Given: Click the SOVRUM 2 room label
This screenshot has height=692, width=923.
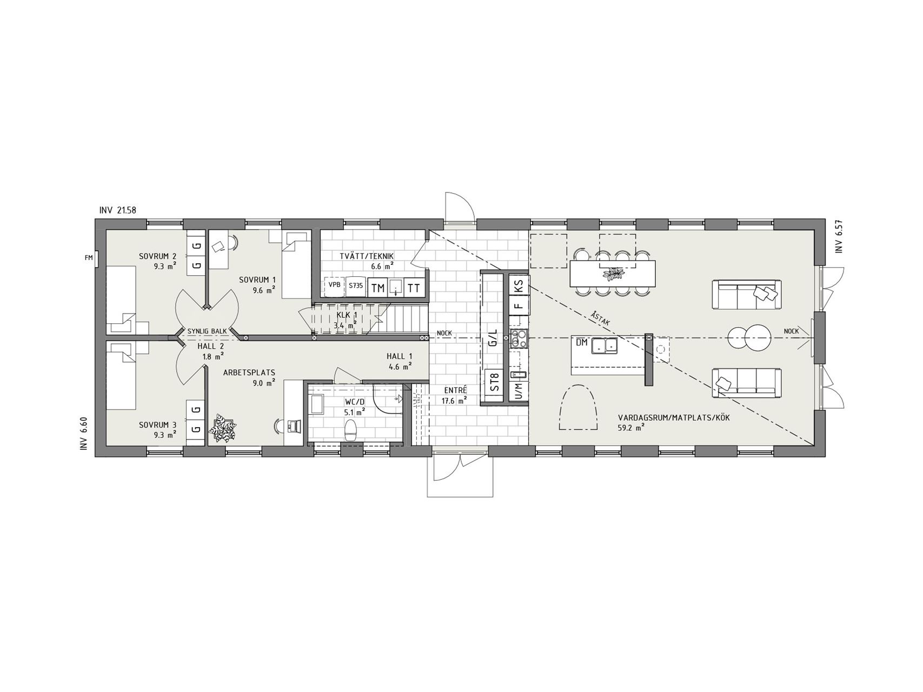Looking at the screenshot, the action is pyautogui.click(x=158, y=256).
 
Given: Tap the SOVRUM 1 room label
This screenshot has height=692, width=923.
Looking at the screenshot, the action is pyautogui.click(x=257, y=280).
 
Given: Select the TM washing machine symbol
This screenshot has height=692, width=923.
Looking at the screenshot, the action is pyautogui.click(x=378, y=288).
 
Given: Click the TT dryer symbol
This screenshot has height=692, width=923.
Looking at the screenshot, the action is pyautogui.click(x=414, y=288).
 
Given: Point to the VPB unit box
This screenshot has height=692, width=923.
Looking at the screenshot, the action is pyautogui.click(x=334, y=286).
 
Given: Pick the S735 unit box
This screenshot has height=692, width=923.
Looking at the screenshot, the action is pyautogui.click(x=355, y=286).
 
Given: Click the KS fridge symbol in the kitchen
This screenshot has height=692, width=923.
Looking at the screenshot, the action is pyautogui.click(x=519, y=286).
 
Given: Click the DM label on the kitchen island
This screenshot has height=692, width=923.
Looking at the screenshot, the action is pyautogui.click(x=581, y=343).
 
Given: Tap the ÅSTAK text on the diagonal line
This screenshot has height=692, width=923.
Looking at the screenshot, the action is pyautogui.click(x=601, y=318).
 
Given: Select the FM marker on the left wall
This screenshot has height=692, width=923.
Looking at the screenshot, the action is pyautogui.click(x=89, y=258).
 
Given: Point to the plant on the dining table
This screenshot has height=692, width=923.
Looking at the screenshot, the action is pyautogui.click(x=613, y=274).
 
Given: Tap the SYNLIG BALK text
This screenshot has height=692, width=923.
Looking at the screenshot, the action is pyautogui.click(x=207, y=331).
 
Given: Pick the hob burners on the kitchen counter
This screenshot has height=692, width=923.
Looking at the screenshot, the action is pyautogui.click(x=519, y=338).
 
